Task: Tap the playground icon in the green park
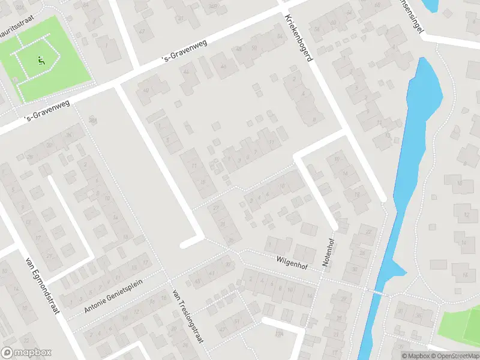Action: [x=41, y=60]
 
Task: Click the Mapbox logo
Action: [x=26, y=353]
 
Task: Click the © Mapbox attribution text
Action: [x=415, y=356]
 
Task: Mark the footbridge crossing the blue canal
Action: [x=376, y=293]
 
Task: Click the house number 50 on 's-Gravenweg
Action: [x=254, y=48]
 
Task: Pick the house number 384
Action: [x=92, y=121]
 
